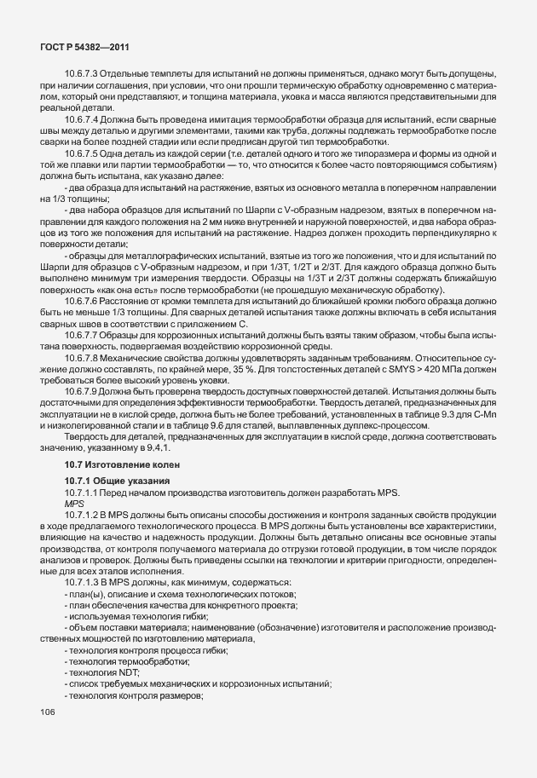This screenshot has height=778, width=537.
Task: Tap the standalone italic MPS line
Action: coord(73,504)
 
